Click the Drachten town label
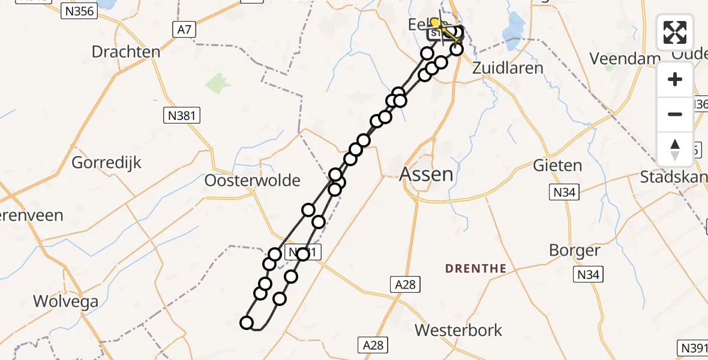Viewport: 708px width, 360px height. pyautogui.click(x=126, y=52)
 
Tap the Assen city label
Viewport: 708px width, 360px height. pyautogui.click(x=426, y=175)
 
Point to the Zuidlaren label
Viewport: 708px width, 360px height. pyautogui.click(x=508, y=67)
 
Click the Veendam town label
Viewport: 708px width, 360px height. pyautogui.click(x=617, y=58)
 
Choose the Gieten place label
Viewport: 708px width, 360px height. pyautogui.click(x=557, y=165)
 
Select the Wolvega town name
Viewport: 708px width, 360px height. pyautogui.click(x=66, y=301)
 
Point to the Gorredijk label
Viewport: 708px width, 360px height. pyautogui.click(x=107, y=162)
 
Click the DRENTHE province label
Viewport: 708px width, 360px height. pyautogui.click(x=476, y=269)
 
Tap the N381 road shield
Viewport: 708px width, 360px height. pyautogui.click(x=182, y=116)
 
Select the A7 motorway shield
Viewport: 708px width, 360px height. pyautogui.click(x=184, y=29)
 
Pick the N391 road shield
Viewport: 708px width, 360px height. pyautogui.click(x=693, y=347)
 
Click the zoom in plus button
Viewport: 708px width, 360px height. pyautogui.click(x=675, y=79)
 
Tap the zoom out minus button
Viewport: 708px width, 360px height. pyautogui.click(x=675, y=114)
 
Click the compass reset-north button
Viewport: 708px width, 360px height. pyautogui.click(x=675, y=149)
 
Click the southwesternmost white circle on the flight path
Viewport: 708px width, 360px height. pyautogui.click(x=247, y=323)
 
